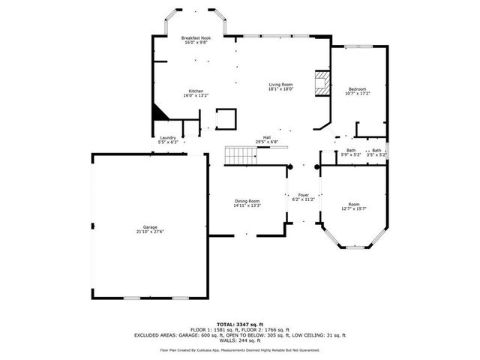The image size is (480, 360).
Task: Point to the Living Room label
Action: (280, 85)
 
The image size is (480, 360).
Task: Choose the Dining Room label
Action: (247, 200)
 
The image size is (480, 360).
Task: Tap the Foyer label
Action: (304, 194)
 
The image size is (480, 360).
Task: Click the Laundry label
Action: (168, 137)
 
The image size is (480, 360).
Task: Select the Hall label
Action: (266, 137)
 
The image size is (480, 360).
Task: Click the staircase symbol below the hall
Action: (240, 156)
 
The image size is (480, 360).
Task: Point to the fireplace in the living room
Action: (322, 84)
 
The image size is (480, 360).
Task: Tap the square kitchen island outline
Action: (226, 119)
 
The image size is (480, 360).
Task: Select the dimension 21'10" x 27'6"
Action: (151, 232)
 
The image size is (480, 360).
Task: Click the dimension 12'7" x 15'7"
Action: (354, 208)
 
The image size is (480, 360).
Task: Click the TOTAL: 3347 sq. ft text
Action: (240, 324)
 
